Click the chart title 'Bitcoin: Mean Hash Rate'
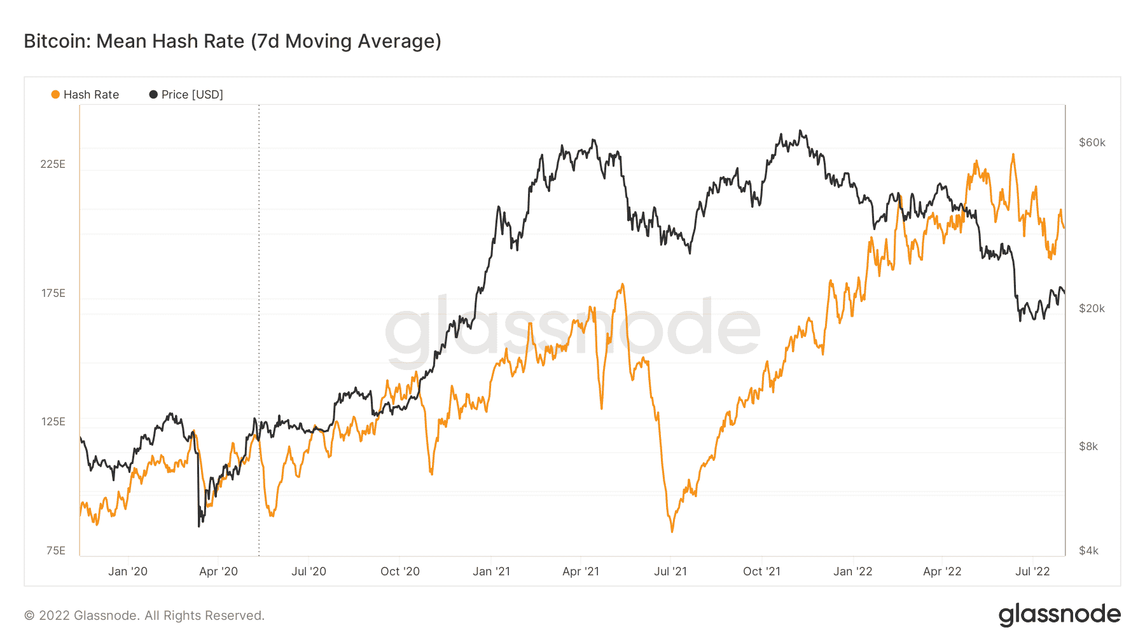point(134,41)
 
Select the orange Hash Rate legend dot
point(55,95)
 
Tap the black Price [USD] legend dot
point(153,95)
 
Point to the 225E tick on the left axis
point(53,164)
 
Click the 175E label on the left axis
point(53,293)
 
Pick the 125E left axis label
point(53,421)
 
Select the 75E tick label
point(56,551)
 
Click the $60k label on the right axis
point(1092,142)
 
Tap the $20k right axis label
point(1092,308)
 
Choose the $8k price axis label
point(1088,446)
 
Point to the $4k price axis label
point(1088,551)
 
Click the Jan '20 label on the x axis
point(128,572)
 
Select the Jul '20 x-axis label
point(309,572)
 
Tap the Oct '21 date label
point(761,572)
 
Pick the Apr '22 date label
point(942,572)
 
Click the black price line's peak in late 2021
point(800,131)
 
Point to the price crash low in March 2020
point(199,526)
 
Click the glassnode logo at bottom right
point(1060,615)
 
